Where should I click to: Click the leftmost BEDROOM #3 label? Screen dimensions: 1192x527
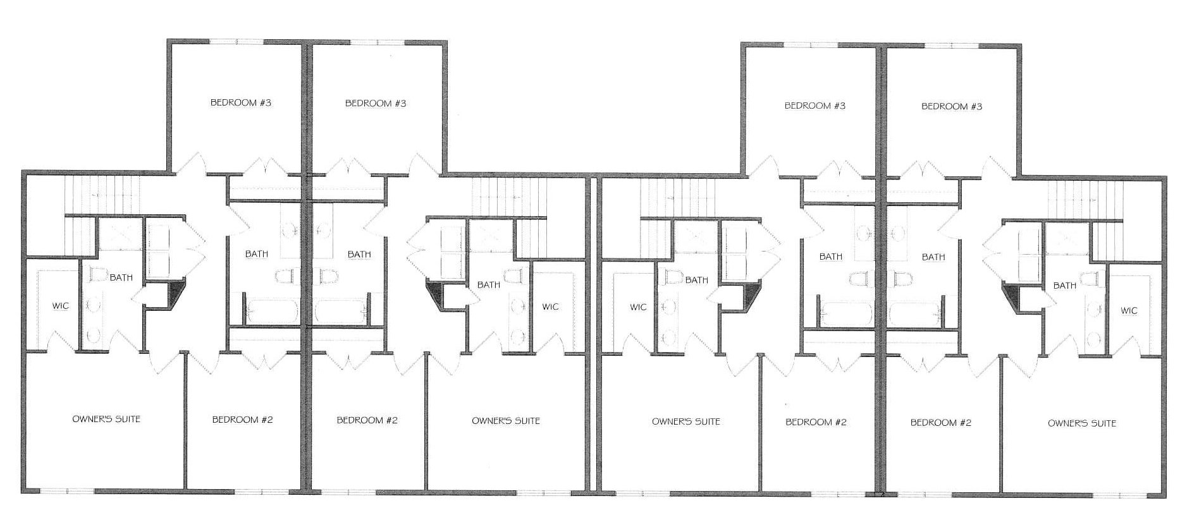(241, 102)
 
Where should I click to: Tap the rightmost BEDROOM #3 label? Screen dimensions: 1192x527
(952, 106)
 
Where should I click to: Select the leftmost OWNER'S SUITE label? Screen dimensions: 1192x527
(106, 419)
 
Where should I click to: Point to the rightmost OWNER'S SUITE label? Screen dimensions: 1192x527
(1082, 423)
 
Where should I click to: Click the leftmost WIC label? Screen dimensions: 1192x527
(61, 306)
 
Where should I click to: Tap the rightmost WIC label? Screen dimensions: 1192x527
(1129, 310)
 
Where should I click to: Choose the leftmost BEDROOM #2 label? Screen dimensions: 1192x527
(242, 420)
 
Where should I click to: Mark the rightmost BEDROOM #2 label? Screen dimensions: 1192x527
(941, 423)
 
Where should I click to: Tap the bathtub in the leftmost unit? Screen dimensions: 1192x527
(273, 311)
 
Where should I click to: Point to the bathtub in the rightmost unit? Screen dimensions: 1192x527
(914, 314)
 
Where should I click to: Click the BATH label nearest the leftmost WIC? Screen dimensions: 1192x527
(121, 277)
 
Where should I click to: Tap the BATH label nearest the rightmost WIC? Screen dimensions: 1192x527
(1065, 286)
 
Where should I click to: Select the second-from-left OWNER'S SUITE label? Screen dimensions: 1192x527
(506, 421)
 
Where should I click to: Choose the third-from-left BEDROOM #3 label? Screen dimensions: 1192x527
(815, 106)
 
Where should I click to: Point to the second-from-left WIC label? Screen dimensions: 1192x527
(550, 306)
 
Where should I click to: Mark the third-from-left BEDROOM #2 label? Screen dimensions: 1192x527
(816, 422)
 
